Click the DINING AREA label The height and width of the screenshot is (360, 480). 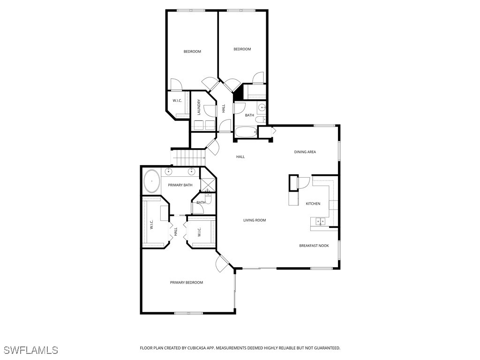[x=305, y=152]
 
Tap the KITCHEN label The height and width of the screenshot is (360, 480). [x=313, y=203]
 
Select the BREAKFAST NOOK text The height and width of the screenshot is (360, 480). [x=314, y=246]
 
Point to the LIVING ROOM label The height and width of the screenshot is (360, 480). [x=255, y=220]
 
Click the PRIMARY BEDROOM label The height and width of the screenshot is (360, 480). [x=186, y=283]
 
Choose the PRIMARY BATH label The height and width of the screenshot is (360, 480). [x=180, y=185]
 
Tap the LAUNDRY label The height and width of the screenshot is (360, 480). [x=199, y=107]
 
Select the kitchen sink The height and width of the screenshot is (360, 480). [x=321, y=221]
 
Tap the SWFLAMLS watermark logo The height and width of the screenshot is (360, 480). [x=30, y=350]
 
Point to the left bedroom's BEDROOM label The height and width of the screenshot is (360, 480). [x=192, y=52]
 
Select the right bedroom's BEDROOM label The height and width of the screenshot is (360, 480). [x=242, y=49]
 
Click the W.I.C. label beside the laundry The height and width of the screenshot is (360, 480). [x=177, y=101]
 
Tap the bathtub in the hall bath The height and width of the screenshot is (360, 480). [x=245, y=132]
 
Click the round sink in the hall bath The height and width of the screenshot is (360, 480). [x=262, y=108]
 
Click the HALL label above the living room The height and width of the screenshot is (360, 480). [x=240, y=157]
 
